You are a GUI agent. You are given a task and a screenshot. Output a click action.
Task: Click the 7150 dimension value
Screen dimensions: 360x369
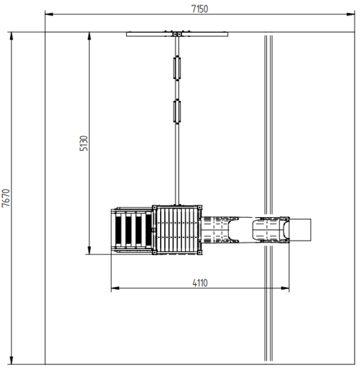coord(199,9)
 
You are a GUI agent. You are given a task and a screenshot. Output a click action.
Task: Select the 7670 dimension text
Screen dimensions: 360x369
coord(6,198)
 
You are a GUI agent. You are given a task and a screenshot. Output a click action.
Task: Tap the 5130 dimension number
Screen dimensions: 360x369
coord(84,143)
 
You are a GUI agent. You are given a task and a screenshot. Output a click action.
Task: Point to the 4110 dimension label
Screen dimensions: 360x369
coord(200,283)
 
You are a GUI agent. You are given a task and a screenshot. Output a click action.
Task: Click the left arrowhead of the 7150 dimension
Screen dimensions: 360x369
coord(49,14)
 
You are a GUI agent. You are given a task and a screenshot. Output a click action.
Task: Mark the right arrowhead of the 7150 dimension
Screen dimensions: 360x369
coord(351,14)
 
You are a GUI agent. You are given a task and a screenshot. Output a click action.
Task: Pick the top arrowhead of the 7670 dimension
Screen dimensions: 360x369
coord(11,36)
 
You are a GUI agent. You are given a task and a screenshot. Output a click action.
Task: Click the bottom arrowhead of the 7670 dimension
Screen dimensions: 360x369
coord(11,360)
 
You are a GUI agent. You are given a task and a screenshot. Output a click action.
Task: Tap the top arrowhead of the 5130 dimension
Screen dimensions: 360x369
coord(89,36)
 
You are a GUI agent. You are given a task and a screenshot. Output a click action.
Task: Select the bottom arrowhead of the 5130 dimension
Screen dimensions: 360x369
coord(89,250)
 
